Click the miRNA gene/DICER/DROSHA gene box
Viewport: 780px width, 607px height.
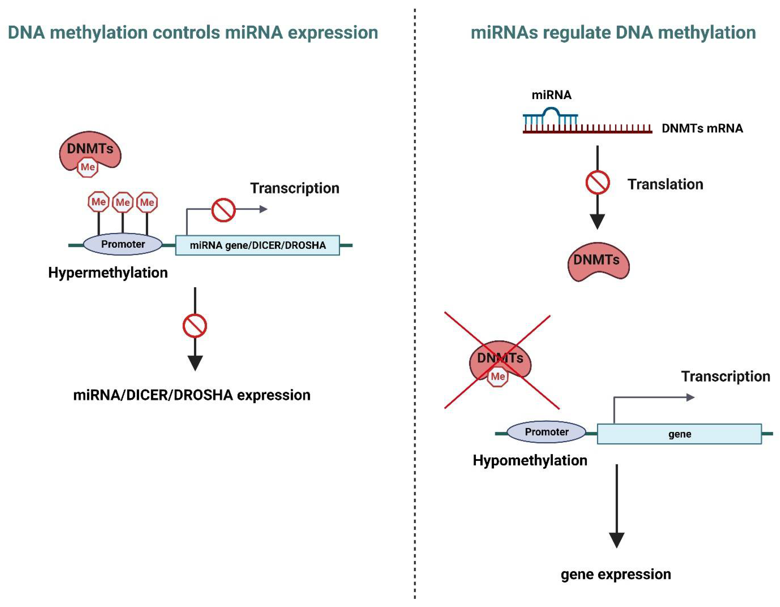(257, 245)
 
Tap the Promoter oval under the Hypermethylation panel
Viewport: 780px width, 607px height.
(123, 244)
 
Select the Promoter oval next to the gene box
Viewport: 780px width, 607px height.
(547, 432)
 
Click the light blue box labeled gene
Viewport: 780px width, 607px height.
(679, 434)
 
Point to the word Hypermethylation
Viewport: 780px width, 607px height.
(108, 273)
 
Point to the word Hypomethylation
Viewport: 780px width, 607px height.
(530, 461)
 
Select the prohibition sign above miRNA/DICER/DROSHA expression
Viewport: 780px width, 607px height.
(195, 326)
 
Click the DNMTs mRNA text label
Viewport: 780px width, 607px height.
(702, 128)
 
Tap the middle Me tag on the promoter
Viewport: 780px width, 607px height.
(123, 202)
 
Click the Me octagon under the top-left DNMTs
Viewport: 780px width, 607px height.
(88, 167)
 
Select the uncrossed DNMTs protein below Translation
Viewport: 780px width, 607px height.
(598, 262)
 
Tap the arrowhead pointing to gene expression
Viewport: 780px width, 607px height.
(616, 540)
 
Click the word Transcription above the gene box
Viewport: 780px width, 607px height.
(725, 376)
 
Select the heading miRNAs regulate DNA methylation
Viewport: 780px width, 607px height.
(613, 33)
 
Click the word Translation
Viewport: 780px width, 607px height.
(665, 184)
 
